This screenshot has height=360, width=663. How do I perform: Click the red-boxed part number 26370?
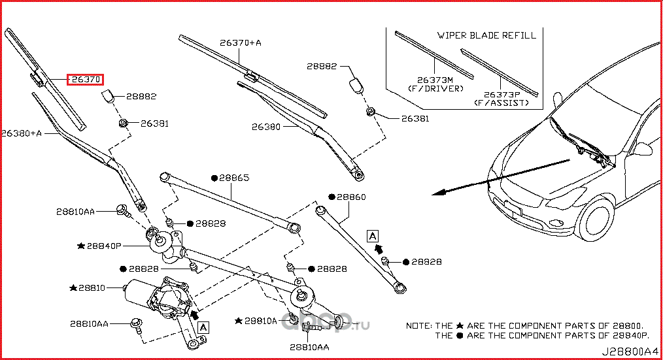pos(86,80)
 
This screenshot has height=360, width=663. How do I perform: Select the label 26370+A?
pos(240,42)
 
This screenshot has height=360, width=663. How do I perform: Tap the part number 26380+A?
pos(21,133)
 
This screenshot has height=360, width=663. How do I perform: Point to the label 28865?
pos(233,177)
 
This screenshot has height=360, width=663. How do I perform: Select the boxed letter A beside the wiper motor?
pos(203,326)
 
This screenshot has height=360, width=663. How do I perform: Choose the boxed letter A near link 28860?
pos(373,235)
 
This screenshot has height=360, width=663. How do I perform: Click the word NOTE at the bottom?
pos(419,325)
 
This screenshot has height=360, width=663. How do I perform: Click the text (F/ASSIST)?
pos(501,103)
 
